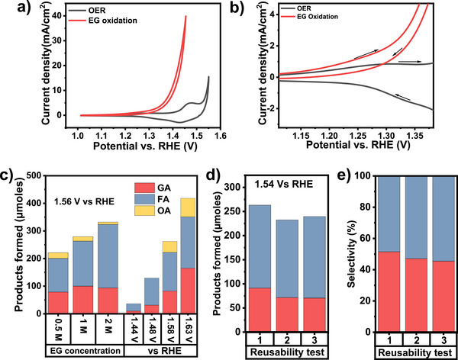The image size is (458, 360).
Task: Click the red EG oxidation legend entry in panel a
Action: point(103,21)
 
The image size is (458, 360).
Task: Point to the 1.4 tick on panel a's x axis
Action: point(173,136)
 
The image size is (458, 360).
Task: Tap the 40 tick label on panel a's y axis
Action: point(59,16)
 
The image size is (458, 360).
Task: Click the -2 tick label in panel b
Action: point(270,109)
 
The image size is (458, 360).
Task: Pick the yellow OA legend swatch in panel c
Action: point(144,211)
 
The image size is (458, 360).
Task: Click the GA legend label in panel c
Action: point(164,188)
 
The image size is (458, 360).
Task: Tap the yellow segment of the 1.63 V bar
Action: point(188,207)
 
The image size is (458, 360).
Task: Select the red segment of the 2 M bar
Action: point(108,301)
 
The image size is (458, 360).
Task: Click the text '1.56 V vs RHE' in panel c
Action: point(84,201)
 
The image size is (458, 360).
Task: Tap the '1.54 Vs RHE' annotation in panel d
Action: point(283,185)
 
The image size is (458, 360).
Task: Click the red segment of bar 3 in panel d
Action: point(314,315)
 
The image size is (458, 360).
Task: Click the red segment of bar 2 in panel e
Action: point(416,295)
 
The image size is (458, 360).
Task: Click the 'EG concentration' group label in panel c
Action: point(85,351)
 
